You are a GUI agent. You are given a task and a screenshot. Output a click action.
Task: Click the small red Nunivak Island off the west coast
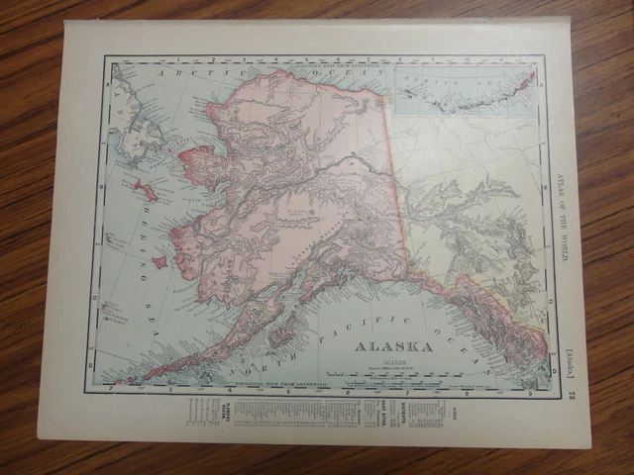[x=158, y=262]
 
